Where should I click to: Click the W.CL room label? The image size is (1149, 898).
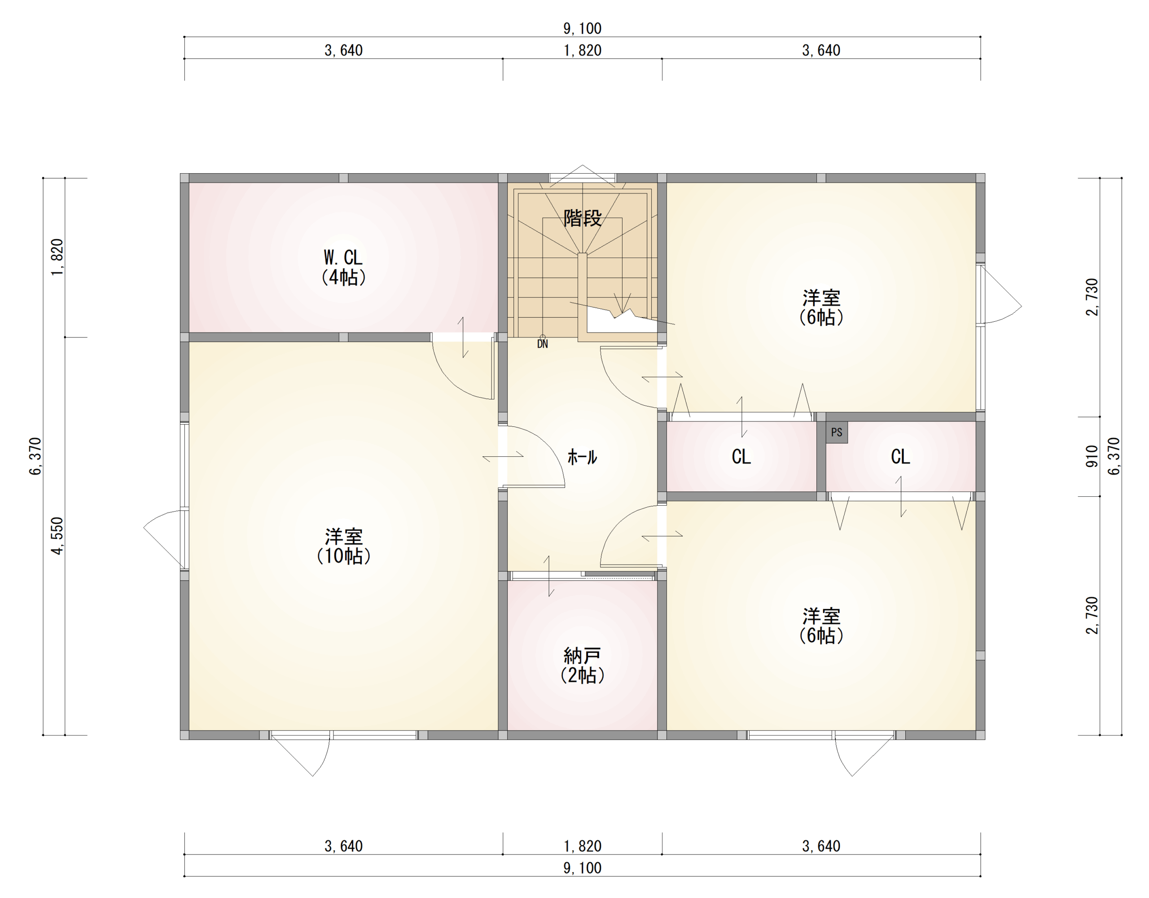pyautogui.click(x=343, y=267)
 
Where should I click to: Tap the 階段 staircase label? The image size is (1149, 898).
pyautogui.click(x=583, y=218)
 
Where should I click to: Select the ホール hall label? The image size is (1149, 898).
pyautogui.click(x=582, y=456)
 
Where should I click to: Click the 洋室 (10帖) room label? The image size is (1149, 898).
pyautogui.click(x=343, y=546)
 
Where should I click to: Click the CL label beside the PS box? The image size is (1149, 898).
pyautogui.click(x=900, y=456)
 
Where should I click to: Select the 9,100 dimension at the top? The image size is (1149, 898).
pyautogui.click(x=583, y=28)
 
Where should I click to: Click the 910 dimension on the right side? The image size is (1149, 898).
pyautogui.click(x=1092, y=456)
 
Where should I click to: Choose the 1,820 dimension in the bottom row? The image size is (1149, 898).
pyautogui.click(x=583, y=846)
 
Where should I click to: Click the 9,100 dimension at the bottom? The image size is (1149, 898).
pyautogui.click(x=583, y=868)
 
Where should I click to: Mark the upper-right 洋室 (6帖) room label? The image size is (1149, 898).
pyautogui.click(x=821, y=307)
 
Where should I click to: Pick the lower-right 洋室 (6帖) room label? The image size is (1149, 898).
pyautogui.click(x=821, y=626)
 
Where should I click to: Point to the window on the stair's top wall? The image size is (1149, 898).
pyautogui.click(x=583, y=178)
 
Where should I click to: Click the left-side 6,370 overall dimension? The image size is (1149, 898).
pyautogui.click(x=35, y=456)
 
